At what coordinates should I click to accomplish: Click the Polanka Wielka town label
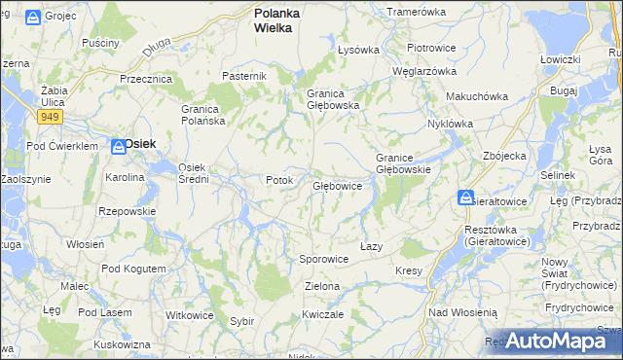click(x=276, y=20)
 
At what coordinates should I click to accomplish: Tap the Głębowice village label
click(x=338, y=185)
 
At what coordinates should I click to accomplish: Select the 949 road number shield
click(x=52, y=117)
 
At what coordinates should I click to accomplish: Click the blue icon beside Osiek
click(x=116, y=144)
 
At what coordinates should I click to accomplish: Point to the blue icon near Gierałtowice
click(x=466, y=198)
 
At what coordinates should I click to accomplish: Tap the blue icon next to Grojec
click(x=32, y=18)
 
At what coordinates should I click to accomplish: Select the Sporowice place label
click(x=324, y=260)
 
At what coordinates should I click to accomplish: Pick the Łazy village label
click(x=371, y=247)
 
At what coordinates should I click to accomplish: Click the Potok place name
click(x=279, y=181)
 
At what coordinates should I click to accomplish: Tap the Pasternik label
click(x=243, y=76)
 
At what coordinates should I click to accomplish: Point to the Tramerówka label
click(x=416, y=12)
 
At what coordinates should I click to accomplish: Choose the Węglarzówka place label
click(x=423, y=71)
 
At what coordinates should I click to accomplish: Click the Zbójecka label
click(x=504, y=155)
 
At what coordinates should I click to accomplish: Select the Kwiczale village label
click(x=322, y=314)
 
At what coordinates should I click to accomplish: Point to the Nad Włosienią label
click(x=463, y=312)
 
